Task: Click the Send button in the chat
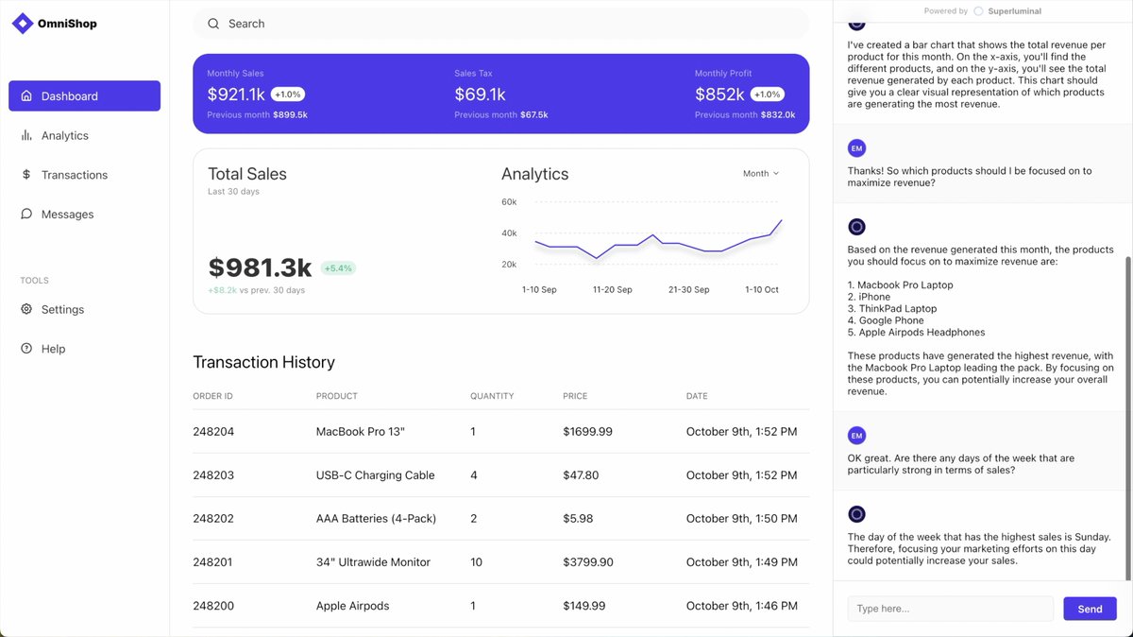pyautogui.click(x=1090, y=609)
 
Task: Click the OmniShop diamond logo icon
pyautogui.click(x=23, y=24)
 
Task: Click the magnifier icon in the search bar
pyautogui.click(x=213, y=24)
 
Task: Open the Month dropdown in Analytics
pyautogui.click(x=761, y=174)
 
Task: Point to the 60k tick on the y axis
pyautogui.click(x=509, y=202)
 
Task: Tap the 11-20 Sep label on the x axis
pyautogui.click(x=613, y=289)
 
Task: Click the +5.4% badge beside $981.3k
pyautogui.click(x=338, y=267)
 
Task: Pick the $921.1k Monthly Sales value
pyautogui.click(x=236, y=95)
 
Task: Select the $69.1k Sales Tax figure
pyautogui.click(x=480, y=95)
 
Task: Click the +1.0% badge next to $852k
pyautogui.click(x=768, y=95)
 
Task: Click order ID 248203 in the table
pyautogui.click(x=213, y=475)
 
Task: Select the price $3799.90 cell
pyautogui.click(x=587, y=562)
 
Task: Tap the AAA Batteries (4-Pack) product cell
pyautogui.click(x=376, y=519)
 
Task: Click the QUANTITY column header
pyautogui.click(x=492, y=396)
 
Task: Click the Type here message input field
pyautogui.click(x=951, y=609)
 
